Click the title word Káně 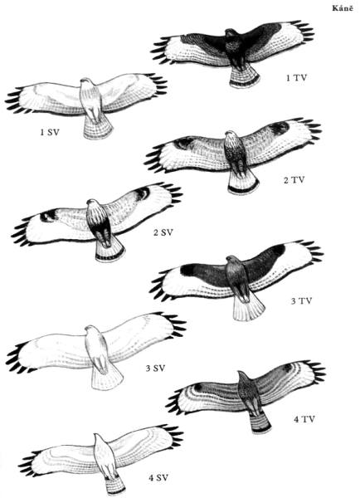[343, 8]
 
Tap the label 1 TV [296, 78]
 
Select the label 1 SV [50, 132]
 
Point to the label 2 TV [294, 180]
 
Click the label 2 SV [163, 232]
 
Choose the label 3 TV [302, 300]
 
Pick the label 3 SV [156, 368]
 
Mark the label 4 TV [304, 419]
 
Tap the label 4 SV [158, 477]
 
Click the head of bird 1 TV [231, 33]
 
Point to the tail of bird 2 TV [244, 181]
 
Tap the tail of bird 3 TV [249, 307]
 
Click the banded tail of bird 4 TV [260, 423]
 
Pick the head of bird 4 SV [97, 437]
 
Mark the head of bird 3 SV [90, 329]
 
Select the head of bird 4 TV [242, 375]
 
